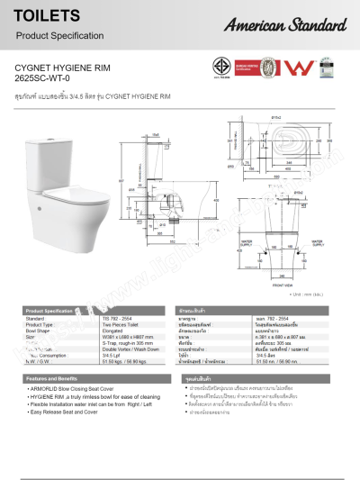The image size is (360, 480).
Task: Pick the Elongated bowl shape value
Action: [x=117, y=331]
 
